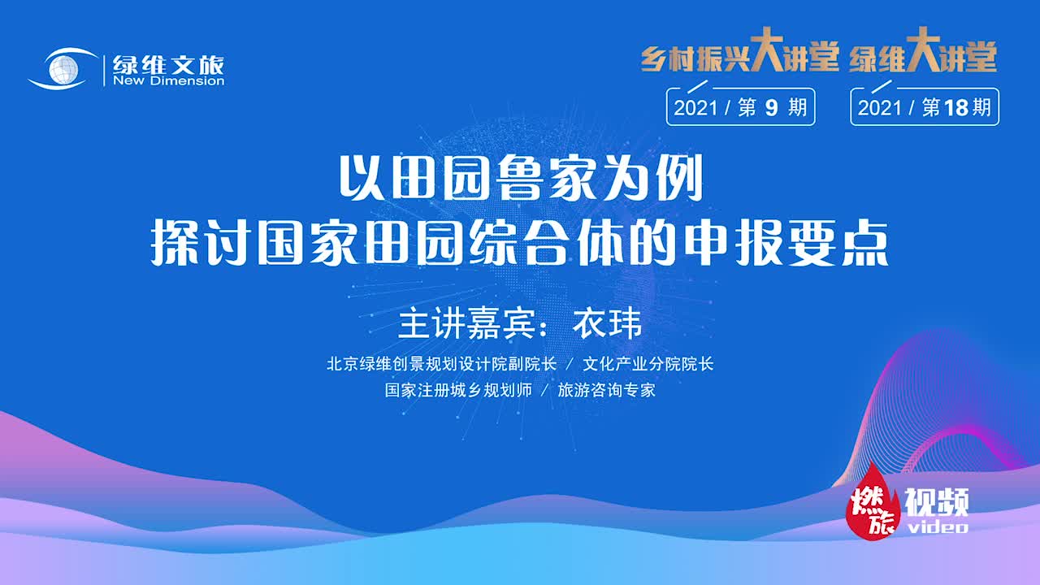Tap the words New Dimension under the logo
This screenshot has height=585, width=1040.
tap(169, 81)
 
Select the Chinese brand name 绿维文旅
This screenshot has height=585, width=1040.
tap(168, 64)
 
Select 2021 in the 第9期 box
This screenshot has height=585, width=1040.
tap(695, 108)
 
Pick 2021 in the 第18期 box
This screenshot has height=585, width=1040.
tap(880, 108)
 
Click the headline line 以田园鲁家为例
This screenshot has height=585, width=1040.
tap(520, 182)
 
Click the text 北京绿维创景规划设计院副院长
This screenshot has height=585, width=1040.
tap(441, 364)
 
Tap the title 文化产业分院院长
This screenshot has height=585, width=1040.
tap(648, 364)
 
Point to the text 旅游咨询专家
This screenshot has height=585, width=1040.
tap(606, 390)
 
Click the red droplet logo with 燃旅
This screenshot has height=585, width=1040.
tap(873, 503)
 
